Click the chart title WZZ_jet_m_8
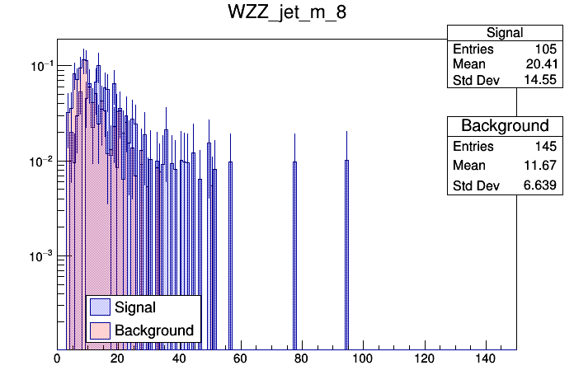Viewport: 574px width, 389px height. click(x=287, y=14)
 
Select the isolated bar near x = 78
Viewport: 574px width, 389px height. click(x=294, y=255)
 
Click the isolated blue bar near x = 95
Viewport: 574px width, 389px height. click(x=346, y=255)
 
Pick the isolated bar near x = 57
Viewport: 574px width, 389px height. click(x=230, y=255)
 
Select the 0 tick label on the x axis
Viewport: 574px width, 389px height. click(x=57, y=359)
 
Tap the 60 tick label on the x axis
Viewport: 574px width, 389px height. click(x=240, y=359)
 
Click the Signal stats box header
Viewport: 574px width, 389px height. click(x=505, y=33)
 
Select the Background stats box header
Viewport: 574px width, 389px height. click(x=505, y=126)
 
